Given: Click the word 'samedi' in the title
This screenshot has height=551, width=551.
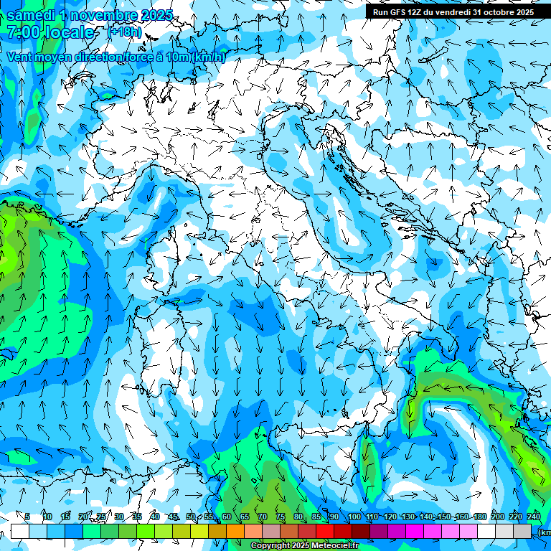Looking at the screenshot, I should tap(32, 15).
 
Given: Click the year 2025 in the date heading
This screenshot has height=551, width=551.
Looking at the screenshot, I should tap(156, 15).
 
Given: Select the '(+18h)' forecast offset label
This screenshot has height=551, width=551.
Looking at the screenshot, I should tap(123, 32).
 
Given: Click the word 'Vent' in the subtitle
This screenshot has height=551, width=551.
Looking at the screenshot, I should tap(20, 57).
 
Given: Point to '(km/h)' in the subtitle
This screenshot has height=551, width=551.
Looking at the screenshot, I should tap(209, 57).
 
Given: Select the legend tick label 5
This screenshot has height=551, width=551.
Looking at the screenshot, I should tap(27, 517).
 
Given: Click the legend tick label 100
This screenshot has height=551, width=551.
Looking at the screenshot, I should tap(354, 517).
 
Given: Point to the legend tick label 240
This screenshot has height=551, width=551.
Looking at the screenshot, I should tap(533, 517).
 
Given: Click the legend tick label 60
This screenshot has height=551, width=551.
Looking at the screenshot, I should tap(227, 517).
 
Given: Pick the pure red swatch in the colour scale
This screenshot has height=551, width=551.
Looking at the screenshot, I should tap(325, 531).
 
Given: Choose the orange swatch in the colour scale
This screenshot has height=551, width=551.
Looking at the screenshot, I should tap(235, 531).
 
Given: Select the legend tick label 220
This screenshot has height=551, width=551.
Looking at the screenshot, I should tap(515, 517).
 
